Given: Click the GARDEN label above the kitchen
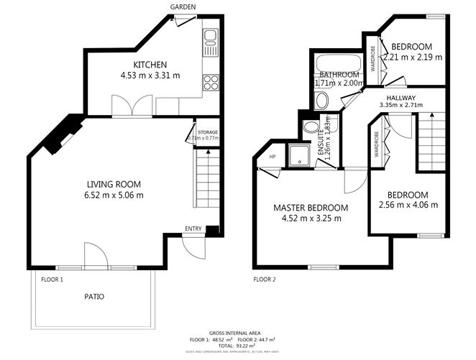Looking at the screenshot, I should [180, 7].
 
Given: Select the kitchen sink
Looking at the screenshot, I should [210, 42].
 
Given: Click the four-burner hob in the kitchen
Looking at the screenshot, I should [211, 82].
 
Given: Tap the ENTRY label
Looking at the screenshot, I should [193, 229].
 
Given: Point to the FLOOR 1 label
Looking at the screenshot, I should [52, 279].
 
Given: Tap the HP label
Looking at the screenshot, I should [273, 157].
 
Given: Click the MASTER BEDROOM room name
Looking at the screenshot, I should [311, 208].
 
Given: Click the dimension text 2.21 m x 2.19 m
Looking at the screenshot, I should [413, 57].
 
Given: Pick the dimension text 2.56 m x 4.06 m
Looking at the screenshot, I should [408, 205].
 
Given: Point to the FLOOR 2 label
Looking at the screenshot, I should [264, 279].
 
